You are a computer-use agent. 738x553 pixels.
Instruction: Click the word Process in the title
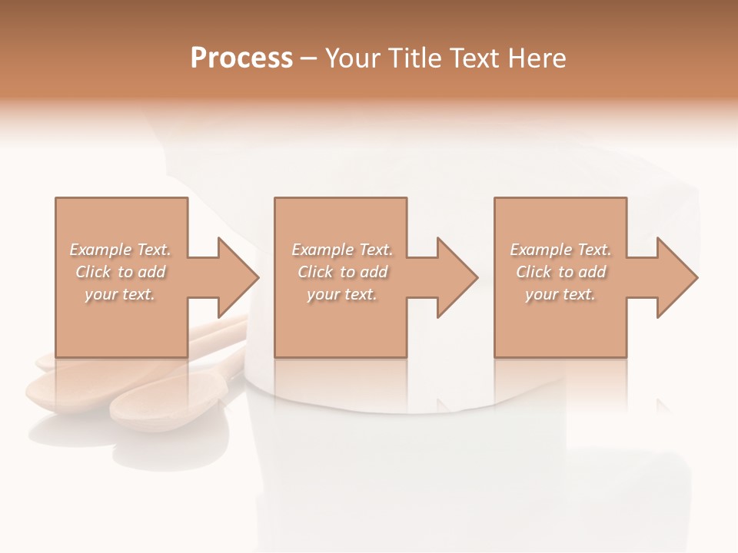point(241,58)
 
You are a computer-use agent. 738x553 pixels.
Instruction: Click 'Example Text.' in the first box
point(120,250)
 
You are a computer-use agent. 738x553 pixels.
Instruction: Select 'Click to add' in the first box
point(120,272)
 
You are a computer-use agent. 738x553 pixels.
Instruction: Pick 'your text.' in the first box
point(120,294)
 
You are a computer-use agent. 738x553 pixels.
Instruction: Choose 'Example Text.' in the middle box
point(342,250)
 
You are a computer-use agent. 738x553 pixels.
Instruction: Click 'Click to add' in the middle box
point(342,272)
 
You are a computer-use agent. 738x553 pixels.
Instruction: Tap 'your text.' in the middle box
point(342,294)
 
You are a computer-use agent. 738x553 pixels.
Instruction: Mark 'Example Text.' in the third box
point(560,250)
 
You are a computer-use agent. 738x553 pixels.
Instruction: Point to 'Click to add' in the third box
point(560,272)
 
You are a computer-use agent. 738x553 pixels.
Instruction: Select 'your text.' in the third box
point(560,294)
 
